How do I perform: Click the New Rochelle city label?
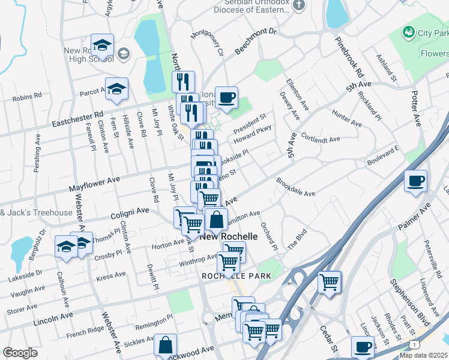pos(229,236)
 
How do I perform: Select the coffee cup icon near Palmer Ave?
pos(415,181)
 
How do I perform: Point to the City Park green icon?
pos(409,31)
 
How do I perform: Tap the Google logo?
pos(20,353)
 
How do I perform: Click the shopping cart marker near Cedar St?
pos(329,282)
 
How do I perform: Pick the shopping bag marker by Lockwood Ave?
pos(165,346)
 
